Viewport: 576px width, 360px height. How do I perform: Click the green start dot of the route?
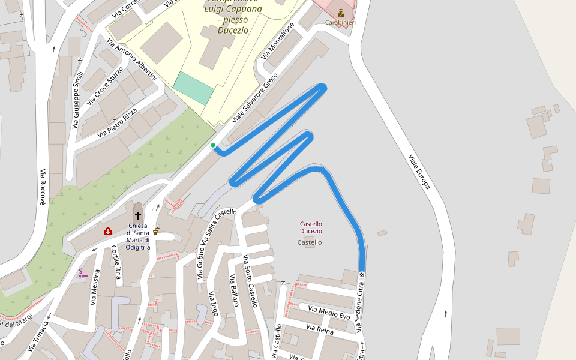pyautogui.click(x=213, y=145)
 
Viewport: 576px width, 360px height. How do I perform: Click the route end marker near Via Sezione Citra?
pyautogui.click(x=362, y=275)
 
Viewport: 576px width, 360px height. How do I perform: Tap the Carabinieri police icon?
pyautogui.click(x=341, y=13)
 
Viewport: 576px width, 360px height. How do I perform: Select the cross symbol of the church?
pyautogui.click(x=138, y=215)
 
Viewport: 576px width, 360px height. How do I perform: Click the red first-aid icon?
pyautogui.click(x=108, y=231)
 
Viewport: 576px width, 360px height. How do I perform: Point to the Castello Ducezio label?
pyautogui.click(x=311, y=227)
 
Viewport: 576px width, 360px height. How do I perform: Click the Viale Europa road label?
pyautogui.click(x=419, y=172)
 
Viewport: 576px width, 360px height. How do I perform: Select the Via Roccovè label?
pyautogui.click(x=43, y=187)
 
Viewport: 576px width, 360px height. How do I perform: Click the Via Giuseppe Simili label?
pyautogui.click(x=77, y=100)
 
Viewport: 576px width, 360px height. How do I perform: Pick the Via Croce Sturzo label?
pyautogui.click(x=105, y=86)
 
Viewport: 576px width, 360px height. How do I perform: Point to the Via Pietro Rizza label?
pyautogui.click(x=118, y=122)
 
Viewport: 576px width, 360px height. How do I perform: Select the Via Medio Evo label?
pyautogui.click(x=329, y=313)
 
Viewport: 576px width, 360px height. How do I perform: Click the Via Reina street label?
pyautogui.click(x=320, y=328)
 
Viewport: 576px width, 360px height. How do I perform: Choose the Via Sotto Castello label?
pyautogui.click(x=250, y=281)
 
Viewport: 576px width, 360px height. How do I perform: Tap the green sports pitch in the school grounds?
pyautogui.click(x=193, y=88)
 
